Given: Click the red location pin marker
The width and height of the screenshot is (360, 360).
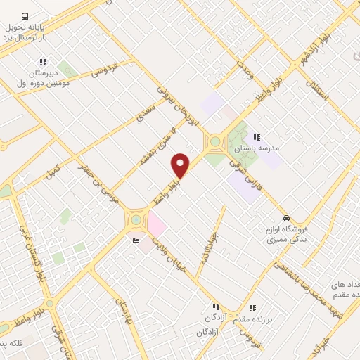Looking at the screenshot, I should click(181, 165).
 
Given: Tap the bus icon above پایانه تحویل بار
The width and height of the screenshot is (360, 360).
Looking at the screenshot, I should click(25, 15).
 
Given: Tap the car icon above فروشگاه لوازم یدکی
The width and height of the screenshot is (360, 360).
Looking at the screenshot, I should click(286, 217).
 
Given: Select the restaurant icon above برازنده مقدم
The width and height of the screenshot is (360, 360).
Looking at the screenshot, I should click(252, 307).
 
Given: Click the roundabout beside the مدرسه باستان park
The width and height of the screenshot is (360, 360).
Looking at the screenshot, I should click(214, 143).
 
